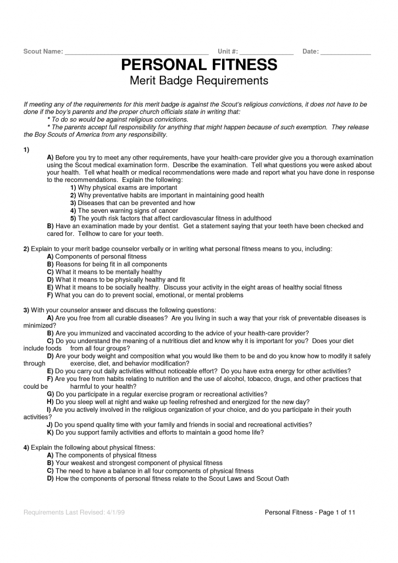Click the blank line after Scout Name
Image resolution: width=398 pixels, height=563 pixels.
click(136, 52)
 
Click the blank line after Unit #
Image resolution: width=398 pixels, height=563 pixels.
click(267, 52)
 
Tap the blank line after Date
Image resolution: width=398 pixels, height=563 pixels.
click(345, 52)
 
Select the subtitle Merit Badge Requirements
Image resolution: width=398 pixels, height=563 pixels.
click(198, 81)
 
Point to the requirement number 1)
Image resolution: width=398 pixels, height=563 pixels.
click(26, 150)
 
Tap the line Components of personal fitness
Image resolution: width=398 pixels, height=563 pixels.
click(97, 257)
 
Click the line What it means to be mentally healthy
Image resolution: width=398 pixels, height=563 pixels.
click(104, 272)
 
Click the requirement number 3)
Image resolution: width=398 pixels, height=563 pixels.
click(26, 311)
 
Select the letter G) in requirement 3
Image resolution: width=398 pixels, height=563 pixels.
click(50, 394)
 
